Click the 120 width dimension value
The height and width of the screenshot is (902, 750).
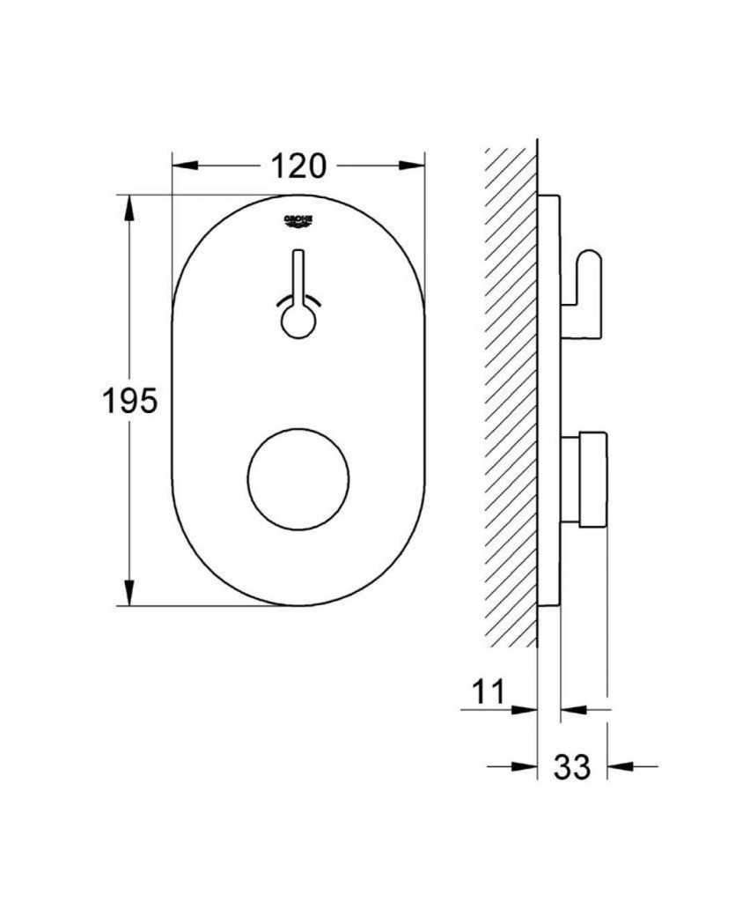click(298, 166)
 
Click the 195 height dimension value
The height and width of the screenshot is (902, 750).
click(129, 401)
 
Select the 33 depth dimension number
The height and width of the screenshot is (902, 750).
click(572, 766)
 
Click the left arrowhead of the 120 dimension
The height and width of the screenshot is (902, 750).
click(185, 166)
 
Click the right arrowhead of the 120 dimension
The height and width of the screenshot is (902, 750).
click(412, 166)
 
